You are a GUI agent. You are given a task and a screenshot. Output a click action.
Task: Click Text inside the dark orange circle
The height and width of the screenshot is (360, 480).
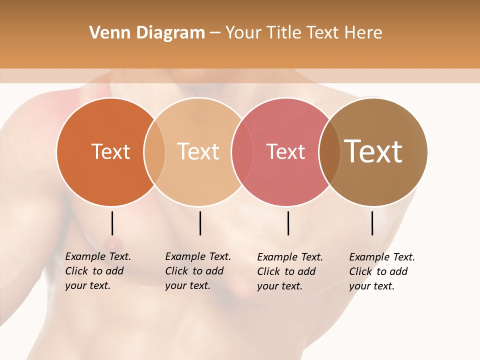[110, 151]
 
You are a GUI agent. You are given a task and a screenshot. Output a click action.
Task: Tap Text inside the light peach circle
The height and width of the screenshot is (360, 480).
[198, 151]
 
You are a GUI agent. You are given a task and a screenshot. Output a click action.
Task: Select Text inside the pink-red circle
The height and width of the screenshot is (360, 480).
[285, 151]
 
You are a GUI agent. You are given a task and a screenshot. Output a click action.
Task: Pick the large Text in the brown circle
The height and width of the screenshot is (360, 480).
[373, 151]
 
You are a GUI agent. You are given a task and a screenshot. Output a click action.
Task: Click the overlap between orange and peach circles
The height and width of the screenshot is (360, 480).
[154, 151]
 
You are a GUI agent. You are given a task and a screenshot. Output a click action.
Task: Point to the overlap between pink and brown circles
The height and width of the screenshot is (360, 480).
[329, 151]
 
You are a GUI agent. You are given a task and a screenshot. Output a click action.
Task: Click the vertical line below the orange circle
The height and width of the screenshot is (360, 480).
[112, 223]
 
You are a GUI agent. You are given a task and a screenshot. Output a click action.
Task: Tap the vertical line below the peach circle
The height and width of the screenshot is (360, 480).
[200, 223]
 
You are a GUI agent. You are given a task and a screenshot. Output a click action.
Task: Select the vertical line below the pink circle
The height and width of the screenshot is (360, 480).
[288, 223]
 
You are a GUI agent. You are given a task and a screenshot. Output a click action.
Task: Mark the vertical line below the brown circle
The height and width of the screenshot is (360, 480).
[372, 223]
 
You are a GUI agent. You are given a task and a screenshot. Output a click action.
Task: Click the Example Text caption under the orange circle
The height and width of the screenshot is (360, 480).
[98, 271]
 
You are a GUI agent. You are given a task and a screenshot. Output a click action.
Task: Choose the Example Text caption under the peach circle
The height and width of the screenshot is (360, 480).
[198, 271]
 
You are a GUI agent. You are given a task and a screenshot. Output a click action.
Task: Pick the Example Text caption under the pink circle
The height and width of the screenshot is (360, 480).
[290, 271]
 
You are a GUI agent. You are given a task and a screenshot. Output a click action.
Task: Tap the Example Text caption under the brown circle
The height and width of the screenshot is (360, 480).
[382, 271]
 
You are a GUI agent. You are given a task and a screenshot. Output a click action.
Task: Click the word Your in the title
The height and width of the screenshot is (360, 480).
[243, 33]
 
